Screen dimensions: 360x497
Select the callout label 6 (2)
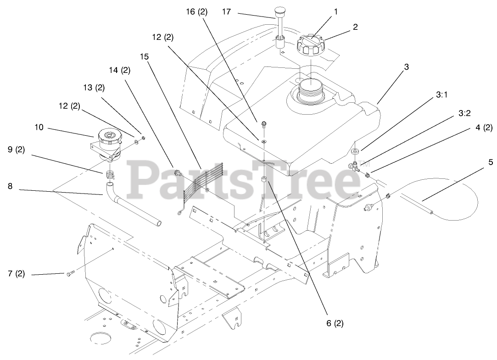pyautogui.click(x=334, y=323)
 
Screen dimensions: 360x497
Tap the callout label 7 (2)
pyautogui.click(x=17, y=274)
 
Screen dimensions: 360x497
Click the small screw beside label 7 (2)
pyautogui.click(x=70, y=274)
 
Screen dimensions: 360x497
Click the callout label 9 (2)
pyautogui.click(x=17, y=150)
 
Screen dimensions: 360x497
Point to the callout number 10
pyautogui.click(x=39, y=127)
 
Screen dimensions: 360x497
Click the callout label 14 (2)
pyautogui.click(x=119, y=70)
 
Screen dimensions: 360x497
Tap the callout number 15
pyautogui.click(x=145, y=56)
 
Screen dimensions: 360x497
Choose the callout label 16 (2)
pyautogui.click(x=196, y=12)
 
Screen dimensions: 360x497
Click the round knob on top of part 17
pyautogui.click(x=280, y=11)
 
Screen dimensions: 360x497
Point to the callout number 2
pyautogui.click(x=355, y=27)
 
